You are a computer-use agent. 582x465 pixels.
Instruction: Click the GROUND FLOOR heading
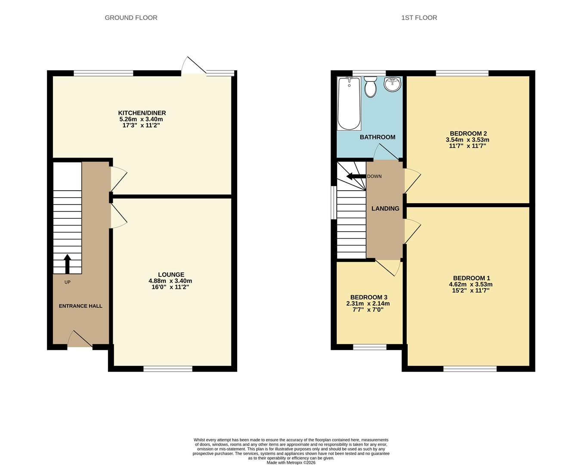pyautogui.click(x=131, y=18)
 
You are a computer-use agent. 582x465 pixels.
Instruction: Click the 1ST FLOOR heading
pyautogui.click(x=419, y=18)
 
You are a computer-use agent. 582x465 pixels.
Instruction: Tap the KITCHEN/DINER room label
pyautogui.click(x=142, y=113)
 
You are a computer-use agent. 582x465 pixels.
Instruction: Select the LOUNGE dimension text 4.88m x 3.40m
pyautogui.click(x=170, y=281)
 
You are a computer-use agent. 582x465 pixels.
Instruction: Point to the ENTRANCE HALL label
pyautogui.click(x=80, y=306)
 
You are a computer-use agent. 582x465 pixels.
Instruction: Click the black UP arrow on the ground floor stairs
pyautogui.click(x=67, y=263)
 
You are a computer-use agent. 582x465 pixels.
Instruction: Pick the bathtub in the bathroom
pyautogui.click(x=349, y=103)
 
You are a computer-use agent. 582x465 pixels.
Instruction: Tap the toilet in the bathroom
pyautogui.click(x=370, y=87)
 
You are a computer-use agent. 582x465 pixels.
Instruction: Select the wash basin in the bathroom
pyautogui.click(x=392, y=84)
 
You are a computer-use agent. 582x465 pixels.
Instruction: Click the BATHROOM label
pyautogui.click(x=378, y=137)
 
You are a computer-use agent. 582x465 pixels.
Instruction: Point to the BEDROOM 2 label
pyautogui.click(x=468, y=133)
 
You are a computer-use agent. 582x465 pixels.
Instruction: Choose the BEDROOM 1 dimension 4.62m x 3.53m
pyautogui.click(x=471, y=284)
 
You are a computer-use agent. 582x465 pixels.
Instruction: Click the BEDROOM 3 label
pyautogui.click(x=368, y=297)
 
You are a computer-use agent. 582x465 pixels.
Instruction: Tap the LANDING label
pyautogui.click(x=385, y=208)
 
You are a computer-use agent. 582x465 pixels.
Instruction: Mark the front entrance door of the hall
pyautogui.click(x=80, y=340)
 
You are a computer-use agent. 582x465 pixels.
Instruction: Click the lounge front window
pyautogui.click(x=168, y=369)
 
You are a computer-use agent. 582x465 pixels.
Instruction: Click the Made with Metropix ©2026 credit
pyautogui.click(x=291, y=462)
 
